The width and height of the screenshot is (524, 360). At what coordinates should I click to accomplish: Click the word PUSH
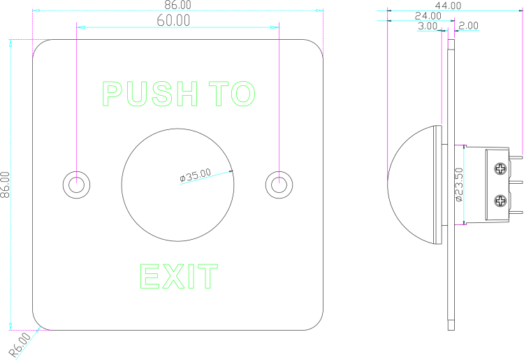pos(150,94)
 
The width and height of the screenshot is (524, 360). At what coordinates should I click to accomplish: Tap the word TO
pos(232,94)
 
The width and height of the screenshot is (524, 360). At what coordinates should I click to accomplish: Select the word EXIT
pos(179,277)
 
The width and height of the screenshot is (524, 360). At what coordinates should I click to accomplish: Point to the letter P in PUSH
pos(112,94)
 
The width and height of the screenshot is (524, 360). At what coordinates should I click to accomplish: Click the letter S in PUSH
pos(162,94)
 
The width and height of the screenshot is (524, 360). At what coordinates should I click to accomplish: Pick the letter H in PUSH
pos(187,94)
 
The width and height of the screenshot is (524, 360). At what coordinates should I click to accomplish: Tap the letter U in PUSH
pos(137,94)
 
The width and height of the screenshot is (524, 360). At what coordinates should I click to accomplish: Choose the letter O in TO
pos(244,94)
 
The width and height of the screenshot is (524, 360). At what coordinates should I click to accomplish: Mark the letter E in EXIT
pos(150,277)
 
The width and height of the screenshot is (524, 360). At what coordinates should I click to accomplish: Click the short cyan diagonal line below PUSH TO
pos(204,178)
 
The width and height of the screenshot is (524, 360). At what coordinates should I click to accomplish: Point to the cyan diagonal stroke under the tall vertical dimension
pos(28,343)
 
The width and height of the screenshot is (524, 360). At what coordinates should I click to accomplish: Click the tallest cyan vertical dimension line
pos(10,182)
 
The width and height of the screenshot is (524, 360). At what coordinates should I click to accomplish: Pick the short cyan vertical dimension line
pos(463,185)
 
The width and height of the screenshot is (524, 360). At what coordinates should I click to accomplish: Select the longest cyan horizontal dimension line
pos(178,10)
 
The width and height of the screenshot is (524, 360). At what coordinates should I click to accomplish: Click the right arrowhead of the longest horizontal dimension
pos(319,10)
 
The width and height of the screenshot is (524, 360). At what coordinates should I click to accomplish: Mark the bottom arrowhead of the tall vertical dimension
pos(10,326)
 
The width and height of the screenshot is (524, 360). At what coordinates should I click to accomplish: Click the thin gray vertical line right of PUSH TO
pos(279,105)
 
